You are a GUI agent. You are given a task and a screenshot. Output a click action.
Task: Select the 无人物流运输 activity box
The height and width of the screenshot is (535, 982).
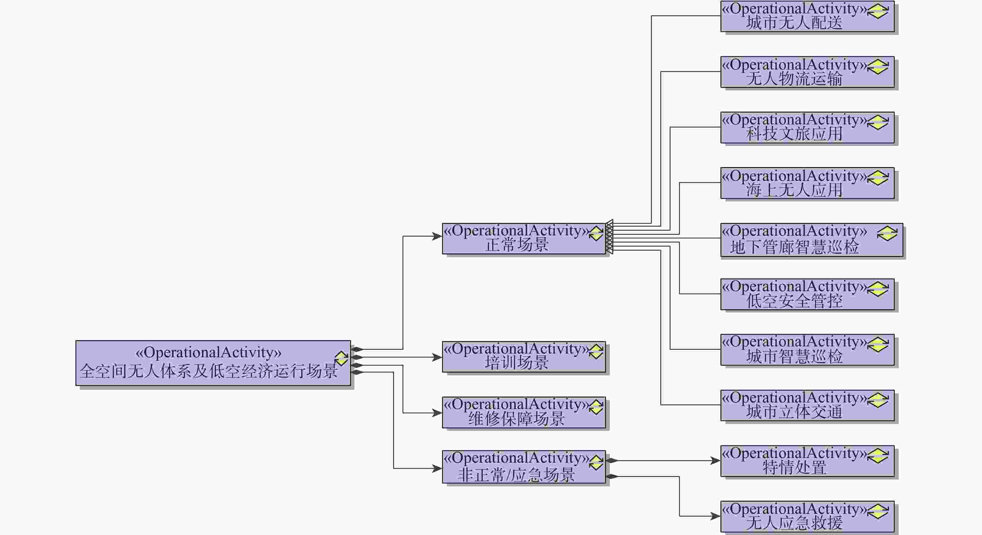(x=807, y=72)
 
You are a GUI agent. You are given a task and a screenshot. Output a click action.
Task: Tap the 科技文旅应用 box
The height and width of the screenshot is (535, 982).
(x=807, y=128)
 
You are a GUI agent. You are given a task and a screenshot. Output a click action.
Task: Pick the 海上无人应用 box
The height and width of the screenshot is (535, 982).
(x=807, y=183)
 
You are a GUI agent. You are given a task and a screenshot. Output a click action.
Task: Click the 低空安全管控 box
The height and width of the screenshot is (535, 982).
(x=807, y=294)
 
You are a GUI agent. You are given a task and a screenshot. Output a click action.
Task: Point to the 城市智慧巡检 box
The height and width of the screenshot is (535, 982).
(x=807, y=350)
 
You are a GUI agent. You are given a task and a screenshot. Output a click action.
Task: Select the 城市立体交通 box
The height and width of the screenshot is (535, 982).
(x=807, y=405)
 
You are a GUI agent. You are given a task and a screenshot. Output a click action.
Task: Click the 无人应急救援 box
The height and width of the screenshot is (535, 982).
(x=807, y=517)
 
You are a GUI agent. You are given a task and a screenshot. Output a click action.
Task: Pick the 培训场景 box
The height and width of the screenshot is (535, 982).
(x=524, y=357)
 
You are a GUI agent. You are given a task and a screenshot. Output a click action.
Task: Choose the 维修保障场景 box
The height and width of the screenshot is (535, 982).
(x=524, y=412)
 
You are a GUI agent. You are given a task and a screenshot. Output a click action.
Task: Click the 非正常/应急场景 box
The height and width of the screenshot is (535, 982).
(x=524, y=467)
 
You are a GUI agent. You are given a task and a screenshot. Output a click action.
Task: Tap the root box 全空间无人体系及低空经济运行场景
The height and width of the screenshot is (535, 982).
(x=213, y=363)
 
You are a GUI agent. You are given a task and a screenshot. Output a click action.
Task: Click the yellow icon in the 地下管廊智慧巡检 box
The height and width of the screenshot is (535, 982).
(x=887, y=234)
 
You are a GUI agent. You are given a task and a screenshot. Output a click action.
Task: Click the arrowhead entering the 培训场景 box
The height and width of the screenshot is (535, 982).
(x=437, y=357)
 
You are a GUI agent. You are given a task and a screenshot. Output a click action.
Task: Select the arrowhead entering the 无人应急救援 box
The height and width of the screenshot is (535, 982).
(x=715, y=516)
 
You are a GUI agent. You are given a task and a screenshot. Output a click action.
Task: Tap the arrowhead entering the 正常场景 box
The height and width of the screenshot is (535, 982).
(x=437, y=236)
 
